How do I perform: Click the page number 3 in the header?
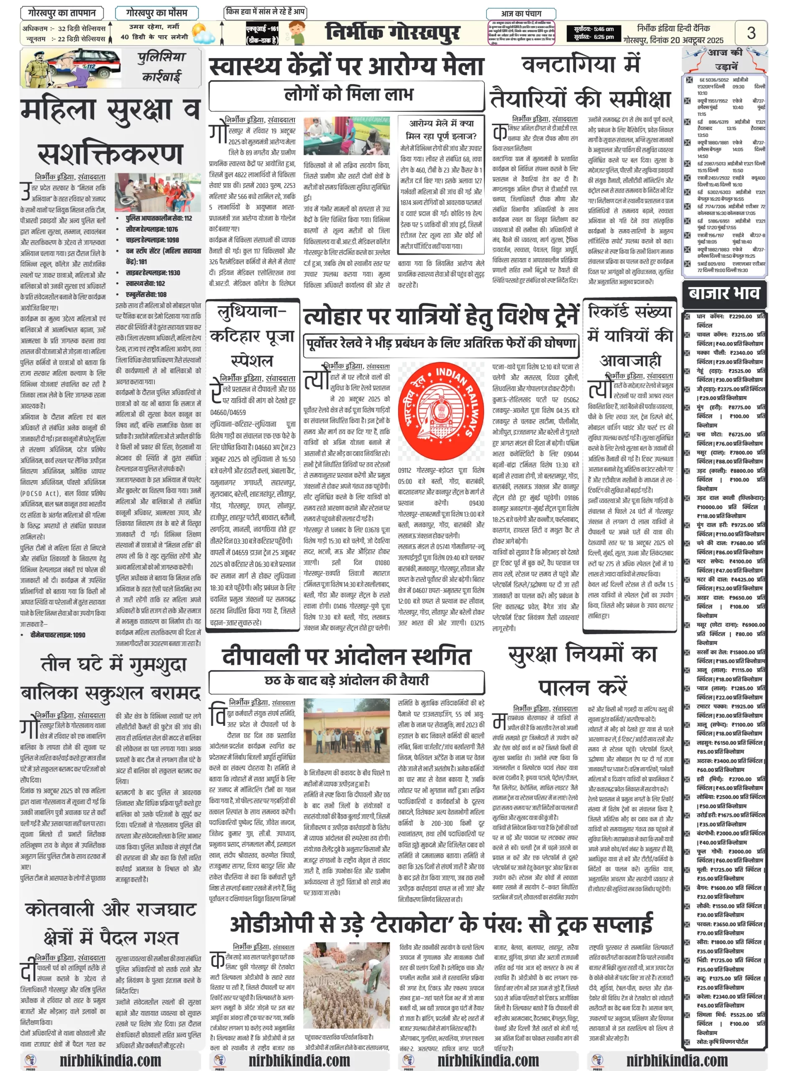[x=751, y=33]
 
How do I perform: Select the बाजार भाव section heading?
[x=724, y=293]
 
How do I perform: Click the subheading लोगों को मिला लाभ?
[x=349, y=94]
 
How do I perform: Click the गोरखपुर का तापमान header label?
[x=62, y=13]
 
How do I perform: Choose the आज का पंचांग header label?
[x=521, y=14]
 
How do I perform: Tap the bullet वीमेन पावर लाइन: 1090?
[x=58, y=635]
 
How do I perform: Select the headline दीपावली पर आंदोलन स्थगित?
[x=346, y=656]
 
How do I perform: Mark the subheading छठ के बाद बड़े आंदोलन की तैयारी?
[x=346, y=680]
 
